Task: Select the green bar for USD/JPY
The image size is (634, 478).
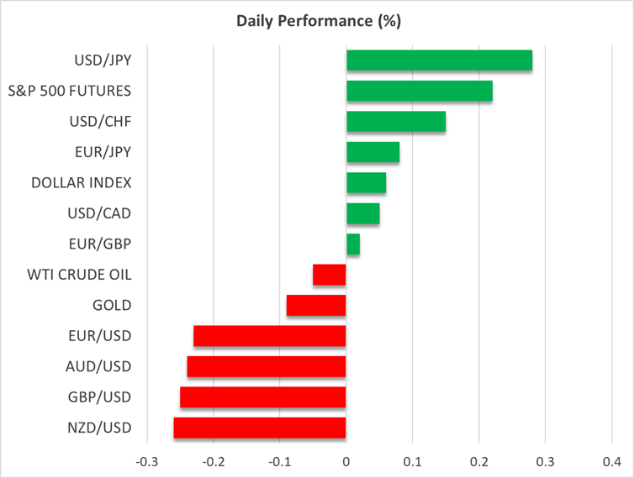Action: click(x=439, y=60)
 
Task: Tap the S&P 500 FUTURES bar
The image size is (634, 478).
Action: click(x=419, y=91)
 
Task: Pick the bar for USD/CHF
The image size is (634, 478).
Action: click(x=396, y=122)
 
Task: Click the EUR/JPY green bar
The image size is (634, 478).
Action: click(x=372, y=152)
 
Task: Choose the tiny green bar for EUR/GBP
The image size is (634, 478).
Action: click(x=353, y=244)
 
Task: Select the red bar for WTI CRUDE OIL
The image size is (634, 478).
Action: click(x=330, y=275)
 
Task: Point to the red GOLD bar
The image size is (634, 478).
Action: click(x=316, y=305)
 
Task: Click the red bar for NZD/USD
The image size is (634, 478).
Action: click(x=260, y=428)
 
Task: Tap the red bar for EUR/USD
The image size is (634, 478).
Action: click(x=270, y=336)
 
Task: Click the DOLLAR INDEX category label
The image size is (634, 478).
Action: click(x=82, y=182)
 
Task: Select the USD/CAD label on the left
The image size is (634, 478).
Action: click(x=100, y=213)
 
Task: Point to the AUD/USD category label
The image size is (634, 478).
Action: click(x=98, y=366)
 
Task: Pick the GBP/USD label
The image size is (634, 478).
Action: click(x=98, y=397)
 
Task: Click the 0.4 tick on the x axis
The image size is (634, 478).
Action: click(x=611, y=461)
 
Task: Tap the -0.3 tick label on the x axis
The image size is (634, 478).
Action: click(x=146, y=461)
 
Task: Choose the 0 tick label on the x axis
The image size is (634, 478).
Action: click(x=346, y=461)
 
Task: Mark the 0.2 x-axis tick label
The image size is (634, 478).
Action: click(x=478, y=461)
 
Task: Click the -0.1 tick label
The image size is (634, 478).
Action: click(x=279, y=461)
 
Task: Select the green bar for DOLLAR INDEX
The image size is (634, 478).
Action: click(x=366, y=183)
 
